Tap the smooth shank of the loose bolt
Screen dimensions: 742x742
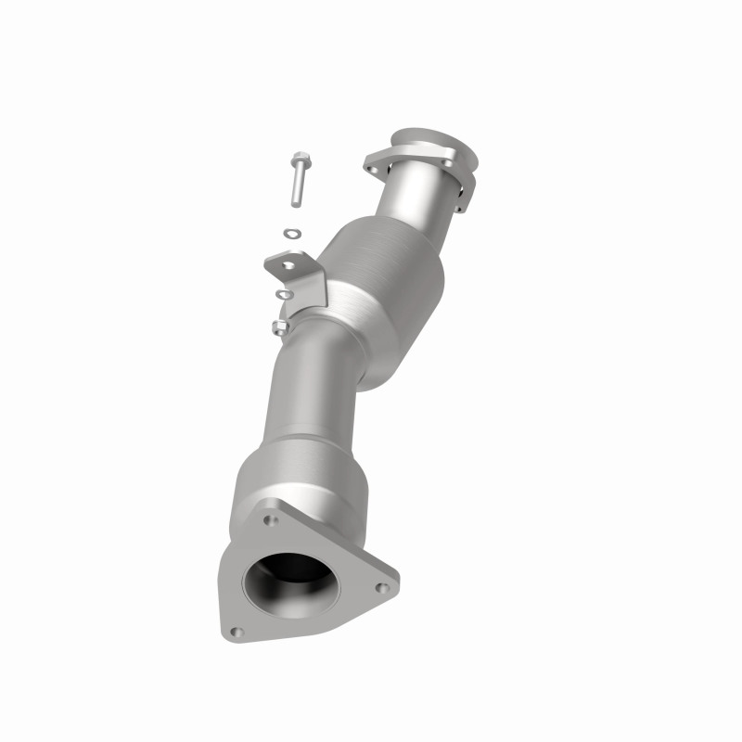(x=294, y=185)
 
